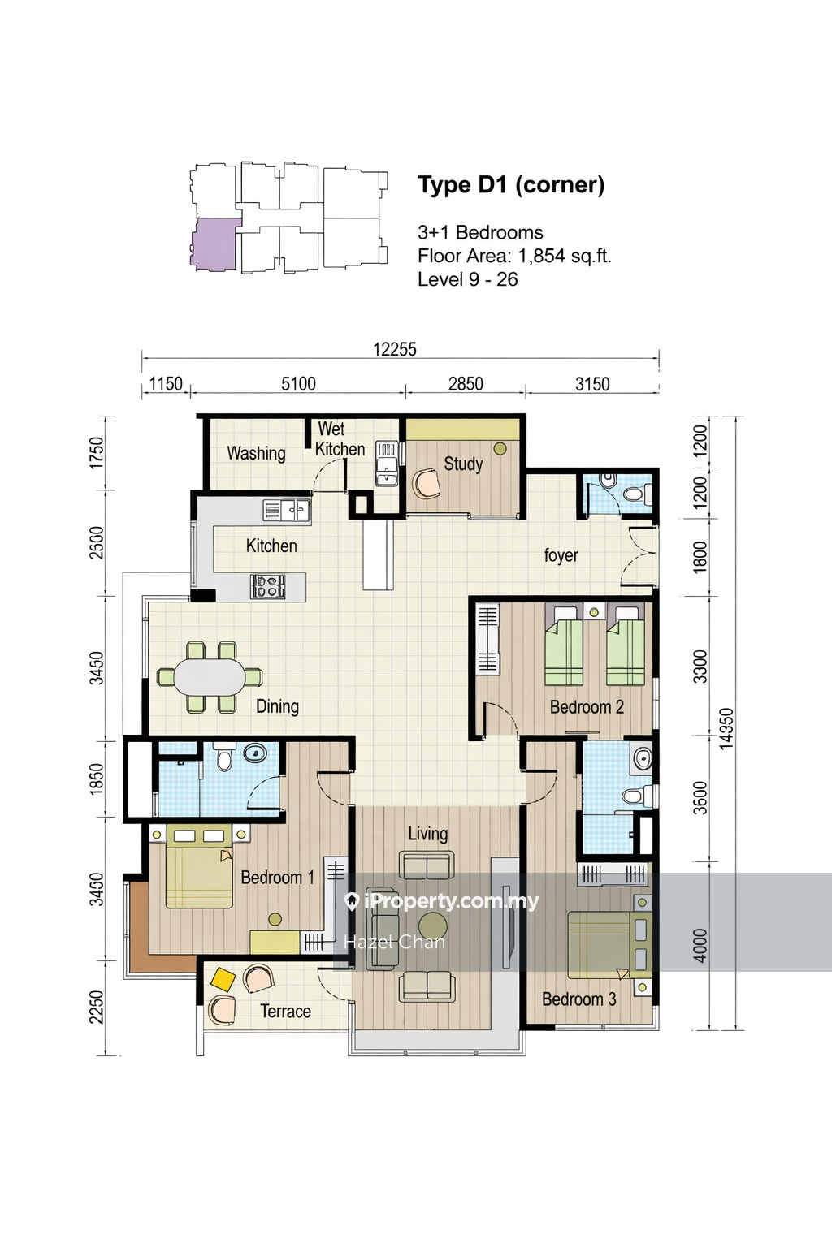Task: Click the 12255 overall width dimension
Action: (395, 349)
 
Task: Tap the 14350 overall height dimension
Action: (726, 728)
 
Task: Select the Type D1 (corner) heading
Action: (511, 185)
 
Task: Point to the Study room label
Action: (463, 464)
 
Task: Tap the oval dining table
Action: (210, 677)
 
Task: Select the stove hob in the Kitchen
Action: (267, 586)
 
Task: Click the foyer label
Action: (561, 555)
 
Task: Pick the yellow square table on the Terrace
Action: (223, 979)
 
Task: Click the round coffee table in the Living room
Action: (432, 927)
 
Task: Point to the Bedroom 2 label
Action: (587, 707)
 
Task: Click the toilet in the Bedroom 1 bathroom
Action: (224, 757)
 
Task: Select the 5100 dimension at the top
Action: (298, 383)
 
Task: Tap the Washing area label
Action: (256, 453)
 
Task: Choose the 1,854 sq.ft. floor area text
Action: (565, 256)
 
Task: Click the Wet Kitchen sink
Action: (387, 464)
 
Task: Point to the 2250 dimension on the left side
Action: (97, 1007)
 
